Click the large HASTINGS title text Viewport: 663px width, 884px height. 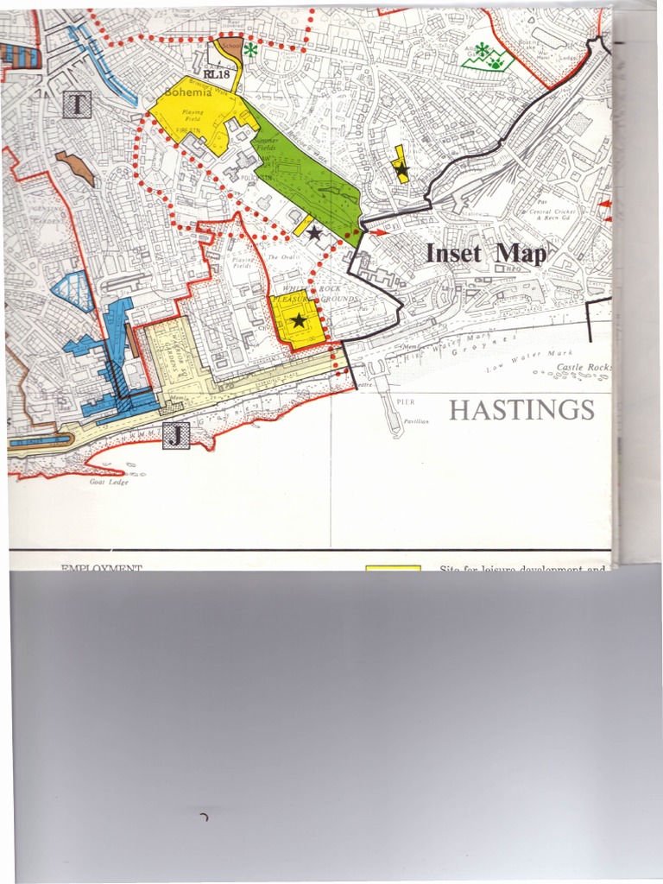click(521, 410)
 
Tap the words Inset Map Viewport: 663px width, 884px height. click(486, 254)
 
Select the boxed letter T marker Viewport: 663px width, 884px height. click(76, 106)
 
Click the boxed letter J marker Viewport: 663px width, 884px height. click(175, 436)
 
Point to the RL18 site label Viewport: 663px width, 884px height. click(218, 74)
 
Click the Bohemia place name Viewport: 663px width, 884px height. click(187, 92)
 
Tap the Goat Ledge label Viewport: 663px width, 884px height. click(109, 482)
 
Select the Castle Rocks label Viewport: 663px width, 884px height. click(584, 368)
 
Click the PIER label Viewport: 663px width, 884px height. click(407, 402)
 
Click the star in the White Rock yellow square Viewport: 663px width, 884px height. click(298, 321)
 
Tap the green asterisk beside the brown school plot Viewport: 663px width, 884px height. click(250, 50)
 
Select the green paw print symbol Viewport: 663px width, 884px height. click(496, 61)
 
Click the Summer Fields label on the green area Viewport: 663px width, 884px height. click(264, 144)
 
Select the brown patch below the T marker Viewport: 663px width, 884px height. click(76, 168)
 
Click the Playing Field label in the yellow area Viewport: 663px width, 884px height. click(193, 115)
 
